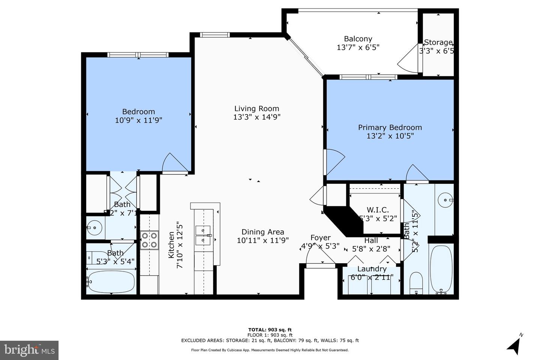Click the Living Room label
(x=257, y=108)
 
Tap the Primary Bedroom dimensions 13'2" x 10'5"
(x=390, y=136)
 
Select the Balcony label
(x=358, y=39)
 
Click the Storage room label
(x=438, y=42)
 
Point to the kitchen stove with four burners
(x=149, y=240)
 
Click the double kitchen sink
(x=204, y=234)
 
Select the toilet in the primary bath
(x=416, y=283)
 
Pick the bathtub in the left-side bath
(x=111, y=281)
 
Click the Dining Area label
(x=262, y=232)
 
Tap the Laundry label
(x=372, y=269)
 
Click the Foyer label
(x=320, y=237)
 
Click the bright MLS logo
(x=29, y=350)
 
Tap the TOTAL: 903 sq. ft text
(x=270, y=330)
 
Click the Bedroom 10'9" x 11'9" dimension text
(x=138, y=120)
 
